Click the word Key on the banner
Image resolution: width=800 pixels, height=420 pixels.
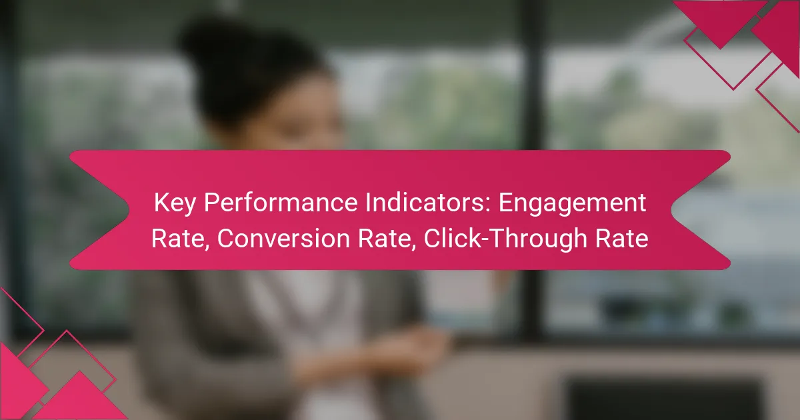[x=175, y=203]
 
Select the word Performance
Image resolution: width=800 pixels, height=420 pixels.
[x=281, y=203]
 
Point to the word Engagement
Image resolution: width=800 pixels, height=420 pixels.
[x=572, y=203]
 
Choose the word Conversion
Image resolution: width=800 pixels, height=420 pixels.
[x=283, y=238]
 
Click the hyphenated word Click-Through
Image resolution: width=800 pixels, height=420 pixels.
[x=505, y=239]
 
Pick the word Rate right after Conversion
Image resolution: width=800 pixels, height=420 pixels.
[x=387, y=239]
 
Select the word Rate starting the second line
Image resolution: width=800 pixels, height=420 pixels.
[x=179, y=239]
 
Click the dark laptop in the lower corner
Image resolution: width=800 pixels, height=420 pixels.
[x=664, y=398]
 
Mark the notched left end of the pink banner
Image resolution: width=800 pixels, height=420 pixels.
[x=99, y=210]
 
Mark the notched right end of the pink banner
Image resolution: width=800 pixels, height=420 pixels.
[x=701, y=210]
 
